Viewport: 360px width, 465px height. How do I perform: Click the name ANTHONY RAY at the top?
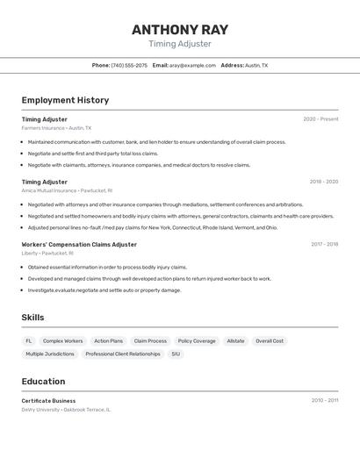tap(180, 29)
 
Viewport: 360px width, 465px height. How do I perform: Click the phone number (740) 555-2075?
tap(129, 65)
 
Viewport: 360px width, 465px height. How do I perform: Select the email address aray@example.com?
tap(192, 65)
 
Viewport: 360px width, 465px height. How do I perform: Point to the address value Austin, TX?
tap(256, 65)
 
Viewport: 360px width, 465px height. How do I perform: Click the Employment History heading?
tap(65, 100)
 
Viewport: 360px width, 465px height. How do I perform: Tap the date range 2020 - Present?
tap(320, 119)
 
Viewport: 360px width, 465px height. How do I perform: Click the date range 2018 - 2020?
tap(323, 182)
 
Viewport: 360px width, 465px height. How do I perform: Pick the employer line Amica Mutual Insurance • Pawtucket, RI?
tap(67, 190)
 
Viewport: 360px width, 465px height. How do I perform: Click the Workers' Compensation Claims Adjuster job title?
tap(79, 244)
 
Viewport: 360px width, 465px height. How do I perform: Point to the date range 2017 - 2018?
tap(324, 244)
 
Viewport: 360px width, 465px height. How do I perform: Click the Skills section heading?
tap(33, 317)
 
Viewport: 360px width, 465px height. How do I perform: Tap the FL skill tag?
tap(29, 340)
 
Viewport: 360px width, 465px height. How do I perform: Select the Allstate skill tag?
tap(235, 340)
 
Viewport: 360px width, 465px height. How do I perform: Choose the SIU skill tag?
tap(176, 354)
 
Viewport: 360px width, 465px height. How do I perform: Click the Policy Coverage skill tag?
tap(197, 340)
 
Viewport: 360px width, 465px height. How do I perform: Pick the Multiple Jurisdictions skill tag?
tap(50, 354)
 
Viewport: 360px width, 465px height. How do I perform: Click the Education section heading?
tap(43, 382)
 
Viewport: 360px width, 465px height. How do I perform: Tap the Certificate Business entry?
tap(48, 400)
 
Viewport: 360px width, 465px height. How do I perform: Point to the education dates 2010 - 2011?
tap(324, 400)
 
